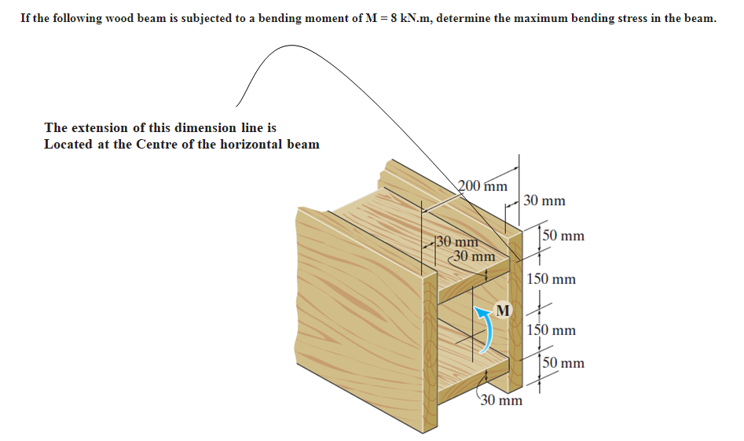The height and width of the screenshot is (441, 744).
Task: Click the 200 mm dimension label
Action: tap(482, 186)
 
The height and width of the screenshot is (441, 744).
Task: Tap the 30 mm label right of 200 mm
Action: tap(544, 201)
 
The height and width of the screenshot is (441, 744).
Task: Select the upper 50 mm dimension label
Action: tap(563, 236)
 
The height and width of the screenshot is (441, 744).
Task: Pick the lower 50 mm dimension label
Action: tap(563, 363)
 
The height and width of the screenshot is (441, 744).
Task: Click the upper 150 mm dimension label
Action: tap(551, 279)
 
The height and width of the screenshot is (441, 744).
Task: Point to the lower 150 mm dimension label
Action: tap(551, 330)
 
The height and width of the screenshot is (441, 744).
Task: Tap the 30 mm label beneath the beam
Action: tap(500, 401)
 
